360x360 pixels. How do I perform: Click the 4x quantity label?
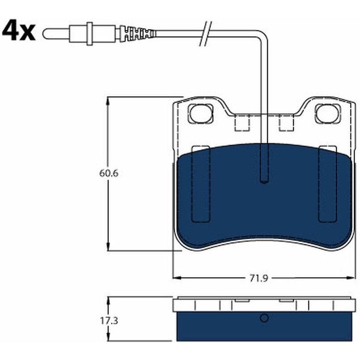pyautogui.click(x=19, y=31)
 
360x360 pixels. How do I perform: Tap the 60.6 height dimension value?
pyautogui.click(x=109, y=173)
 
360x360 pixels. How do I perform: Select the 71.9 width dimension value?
pyautogui.click(x=259, y=279)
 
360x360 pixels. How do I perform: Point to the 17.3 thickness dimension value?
pyautogui.click(x=109, y=321)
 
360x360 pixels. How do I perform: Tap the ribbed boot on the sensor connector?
pyautogui.click(x=138, y=34)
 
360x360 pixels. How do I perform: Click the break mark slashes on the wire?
pyautogui.click(x=206, y=34)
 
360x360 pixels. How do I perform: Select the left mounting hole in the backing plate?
pyautogui.click(x=200, y=114)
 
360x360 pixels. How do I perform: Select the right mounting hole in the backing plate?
pyautogui.click(x=328, y=114)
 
